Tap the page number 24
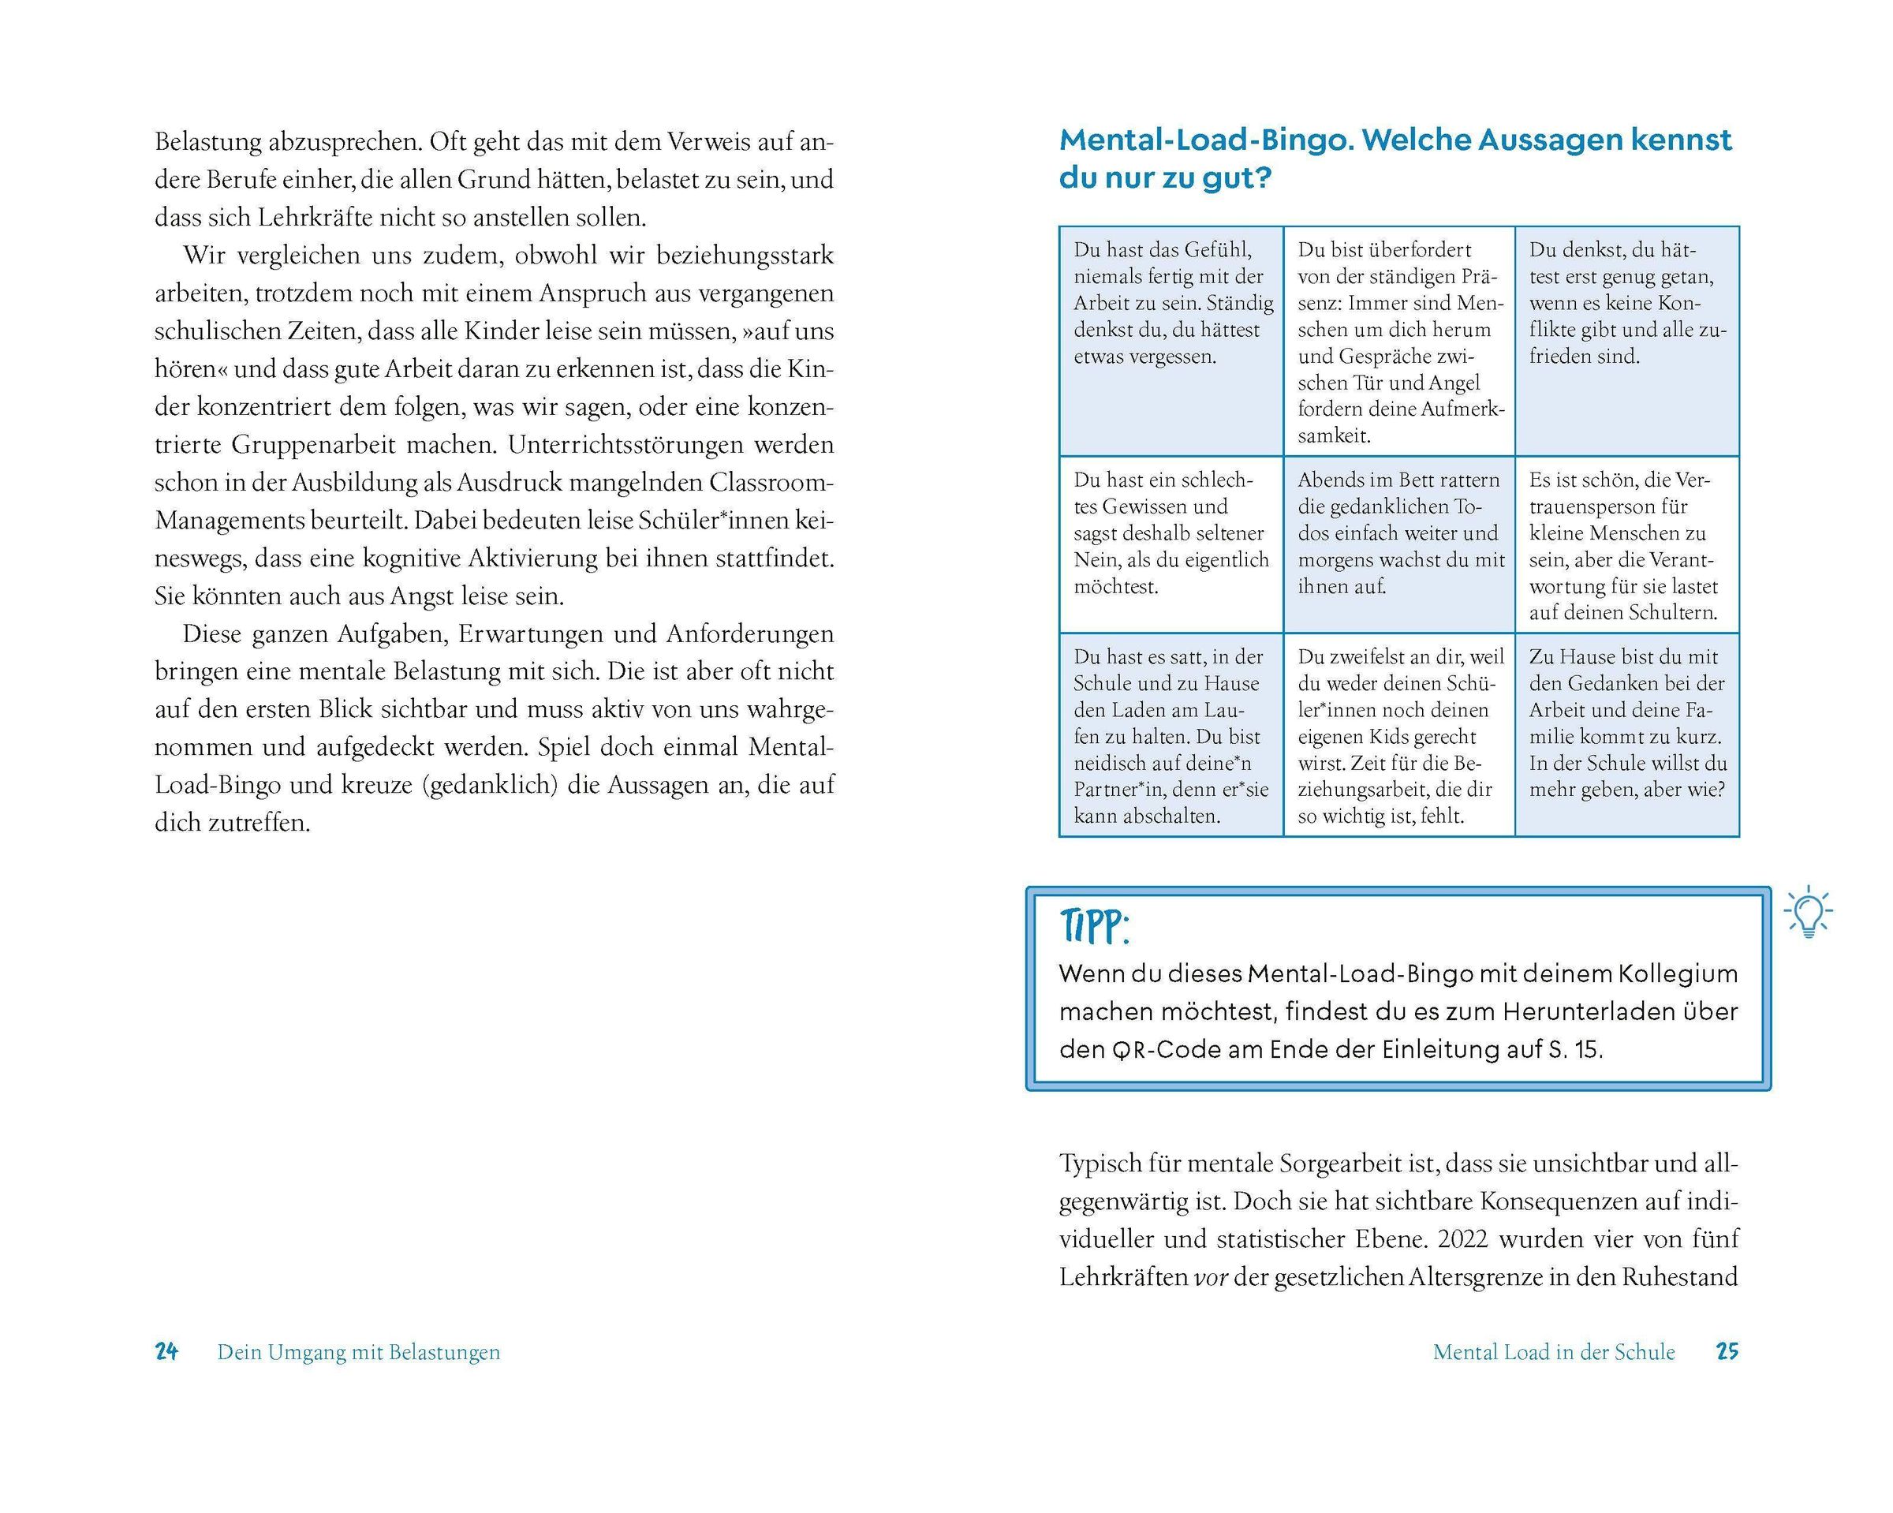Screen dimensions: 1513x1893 click(167, 1351)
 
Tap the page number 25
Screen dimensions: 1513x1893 click(1727, 1351)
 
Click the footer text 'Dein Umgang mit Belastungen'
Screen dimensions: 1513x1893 click(358, 1352)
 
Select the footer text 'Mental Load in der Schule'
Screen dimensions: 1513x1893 click(1553, 1352)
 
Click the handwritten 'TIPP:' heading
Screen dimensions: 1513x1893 click(1094, 925)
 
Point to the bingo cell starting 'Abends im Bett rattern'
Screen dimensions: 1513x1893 click(1398, 544)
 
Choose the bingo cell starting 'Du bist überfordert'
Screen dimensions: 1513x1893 click(1398, 341)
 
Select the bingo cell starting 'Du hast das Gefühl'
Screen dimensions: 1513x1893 click(1171, 341)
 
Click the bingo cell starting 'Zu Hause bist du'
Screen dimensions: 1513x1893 click(1626, 734)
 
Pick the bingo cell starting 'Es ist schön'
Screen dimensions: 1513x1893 click(1626, 544)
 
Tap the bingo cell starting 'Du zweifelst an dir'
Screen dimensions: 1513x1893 click(1398, 734)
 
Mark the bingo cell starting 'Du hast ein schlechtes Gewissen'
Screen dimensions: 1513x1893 click(1171, 544)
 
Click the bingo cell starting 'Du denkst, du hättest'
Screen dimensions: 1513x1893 click(1626, 341)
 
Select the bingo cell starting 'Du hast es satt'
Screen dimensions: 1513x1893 click(1171, 734)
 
